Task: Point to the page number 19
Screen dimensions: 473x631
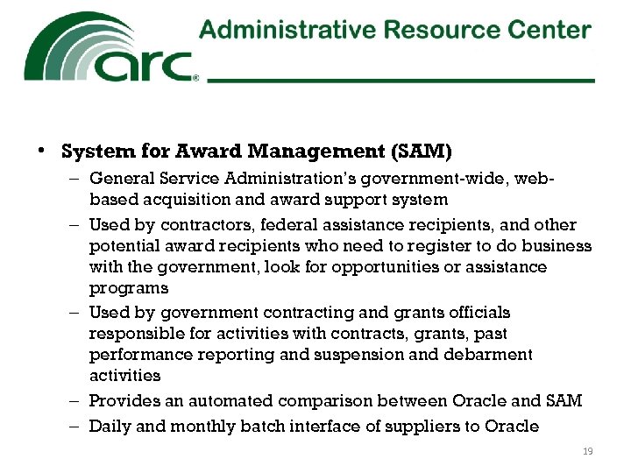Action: (588, 451)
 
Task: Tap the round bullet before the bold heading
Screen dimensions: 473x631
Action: (41, 152)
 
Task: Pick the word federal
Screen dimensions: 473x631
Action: (268, 224)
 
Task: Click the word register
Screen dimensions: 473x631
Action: (449, 245)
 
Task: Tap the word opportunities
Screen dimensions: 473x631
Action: (391, 266)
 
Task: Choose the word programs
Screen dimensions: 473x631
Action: (128, 287)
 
